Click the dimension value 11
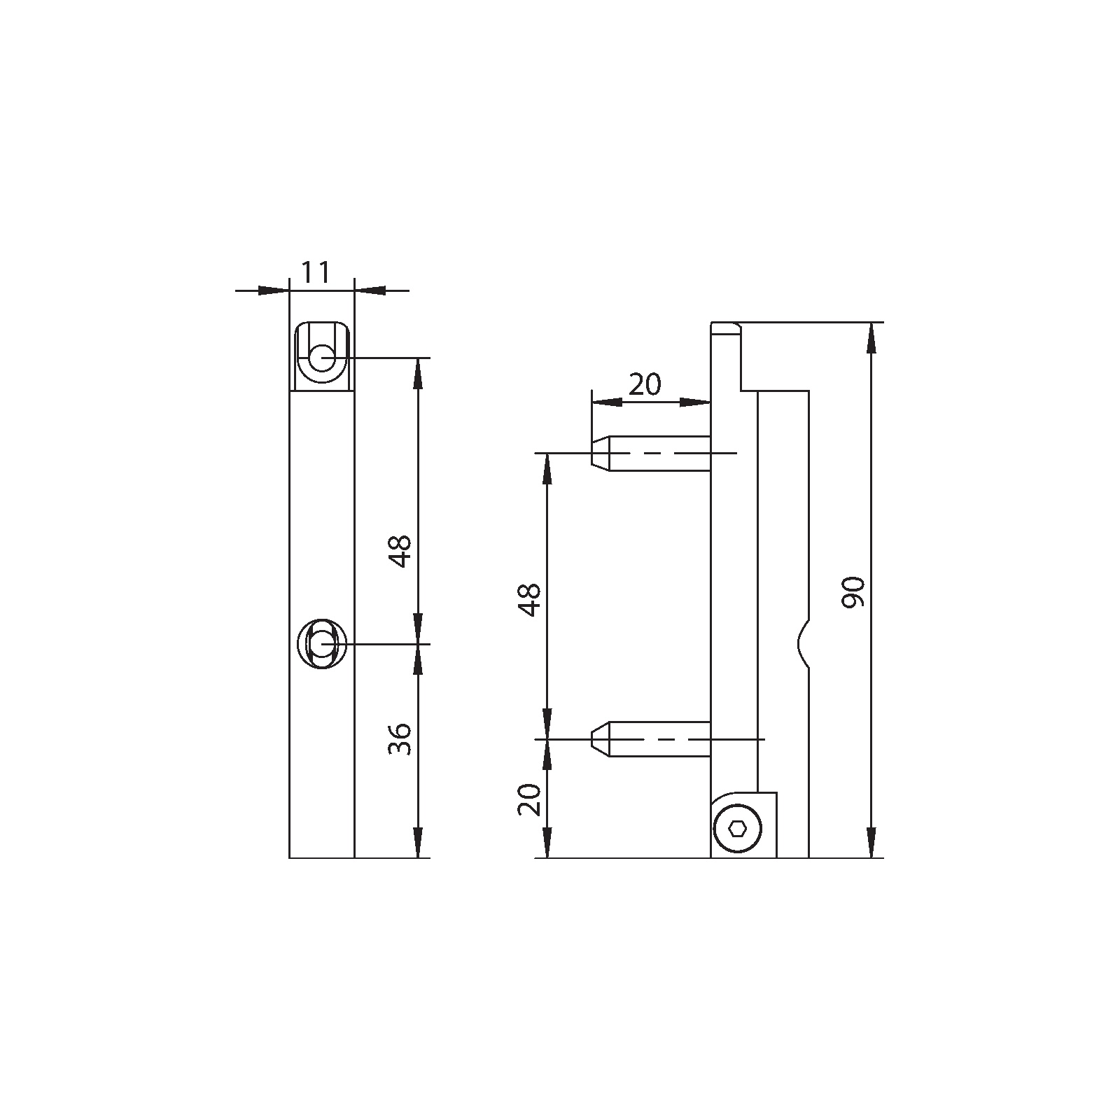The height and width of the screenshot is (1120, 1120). tap(315, 272)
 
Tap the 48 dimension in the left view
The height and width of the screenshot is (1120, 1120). tap(400, 551)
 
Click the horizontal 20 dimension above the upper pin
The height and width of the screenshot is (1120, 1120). tap(645, 384)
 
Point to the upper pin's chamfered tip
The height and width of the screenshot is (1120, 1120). tap(601, 454)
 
